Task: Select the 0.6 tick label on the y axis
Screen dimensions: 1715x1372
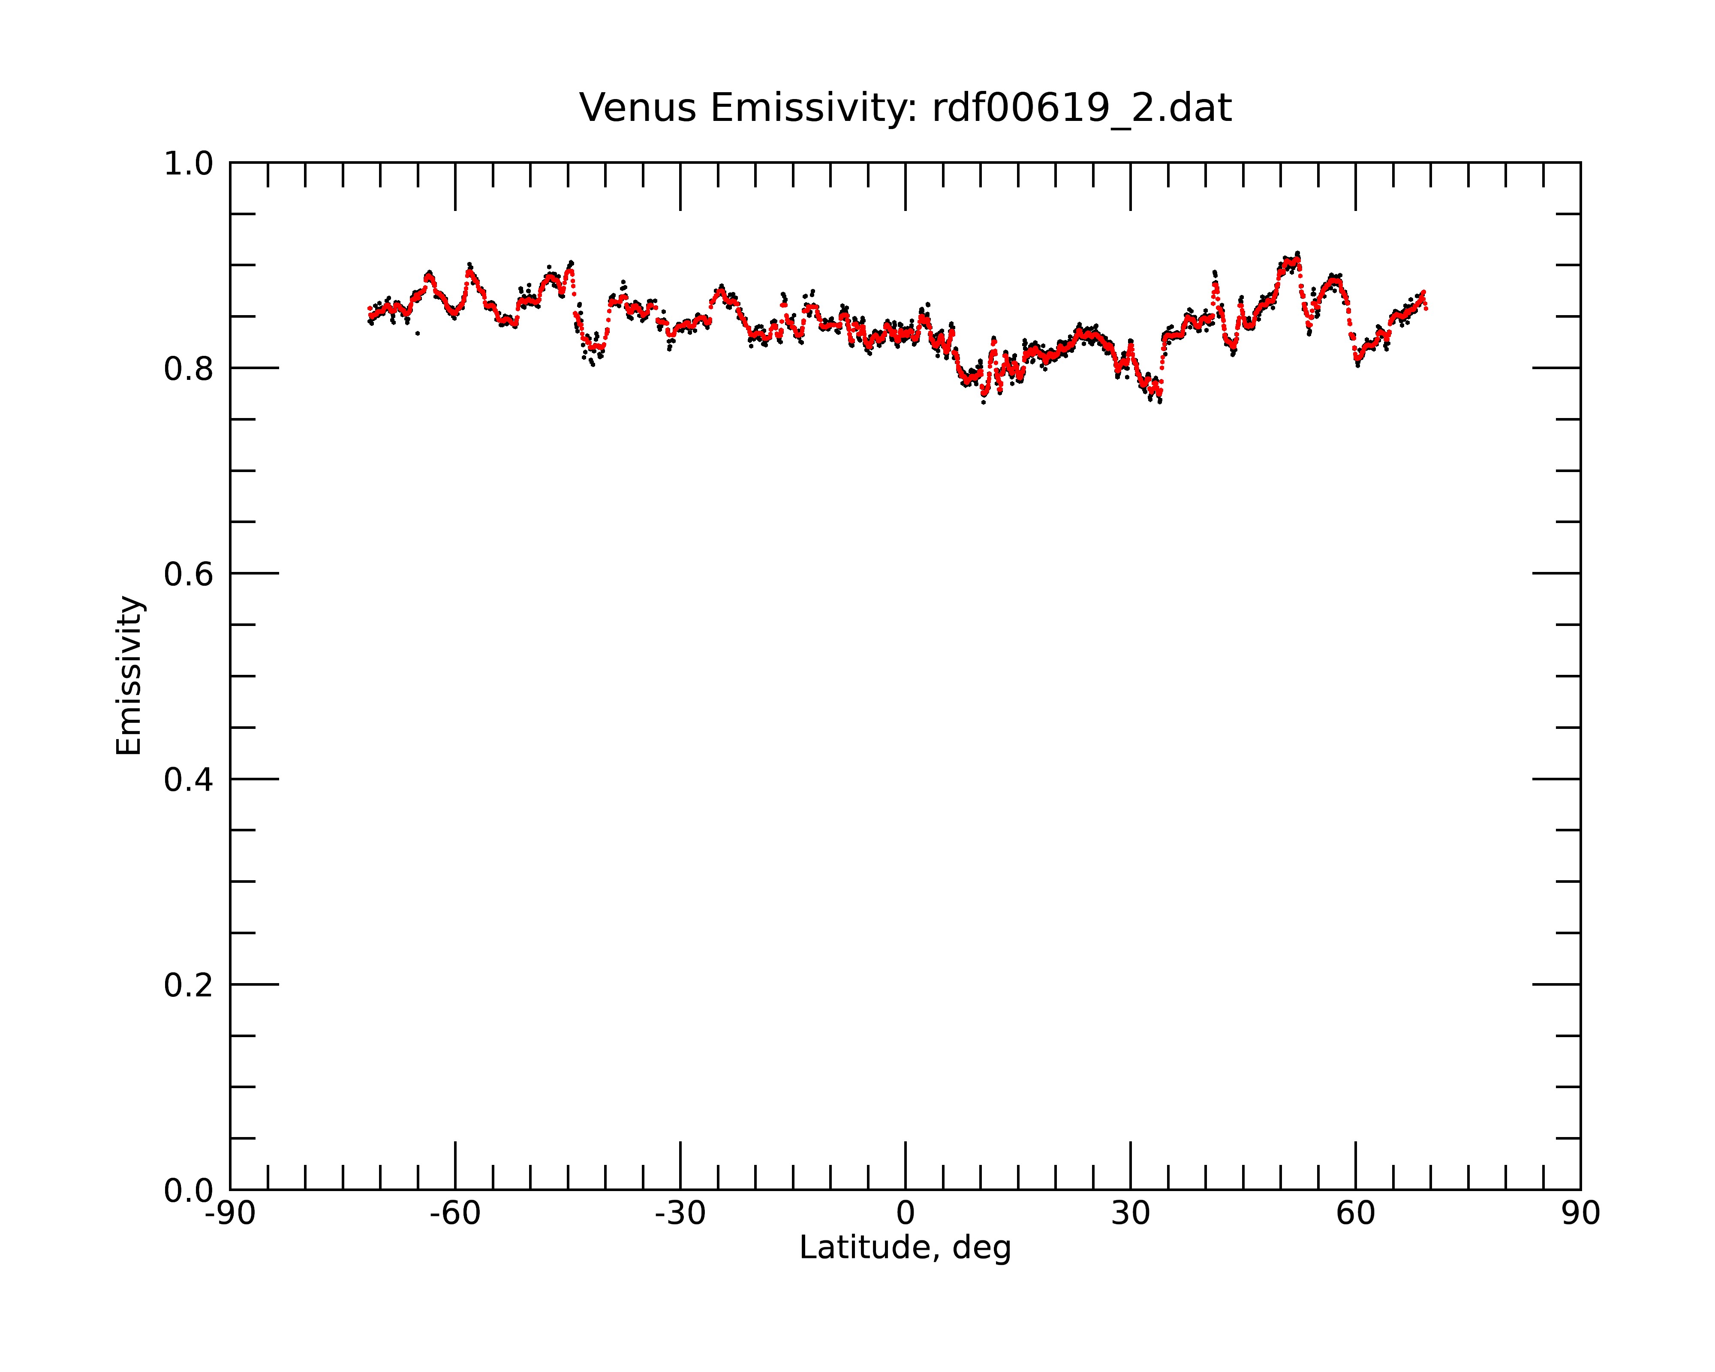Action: pos(189,574)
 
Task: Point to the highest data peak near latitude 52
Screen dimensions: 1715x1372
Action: pos(1297,254)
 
